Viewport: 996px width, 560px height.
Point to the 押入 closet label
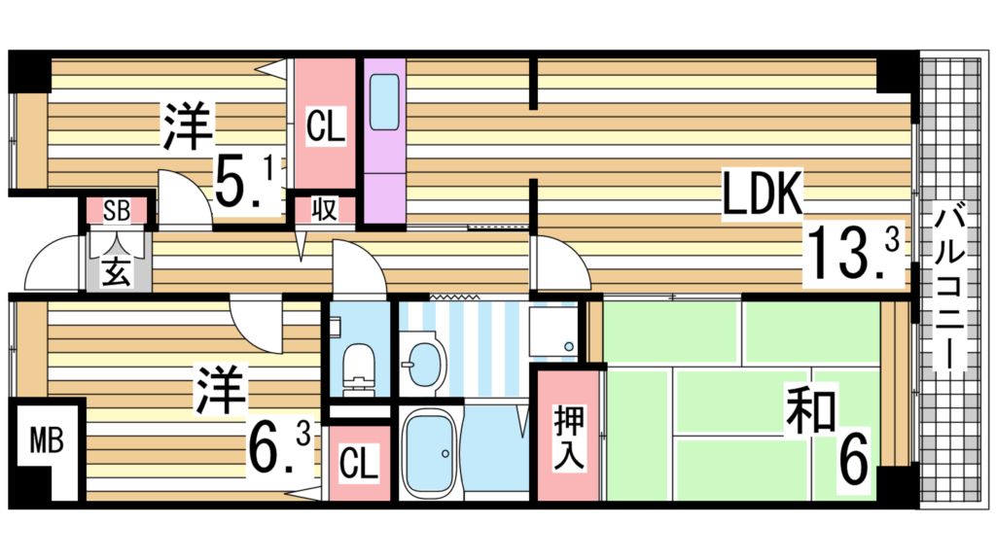click(x=569, y=437)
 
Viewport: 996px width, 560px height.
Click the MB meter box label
click(x=45, y=441)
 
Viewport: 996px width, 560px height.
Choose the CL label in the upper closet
click(x=325, y=127)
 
